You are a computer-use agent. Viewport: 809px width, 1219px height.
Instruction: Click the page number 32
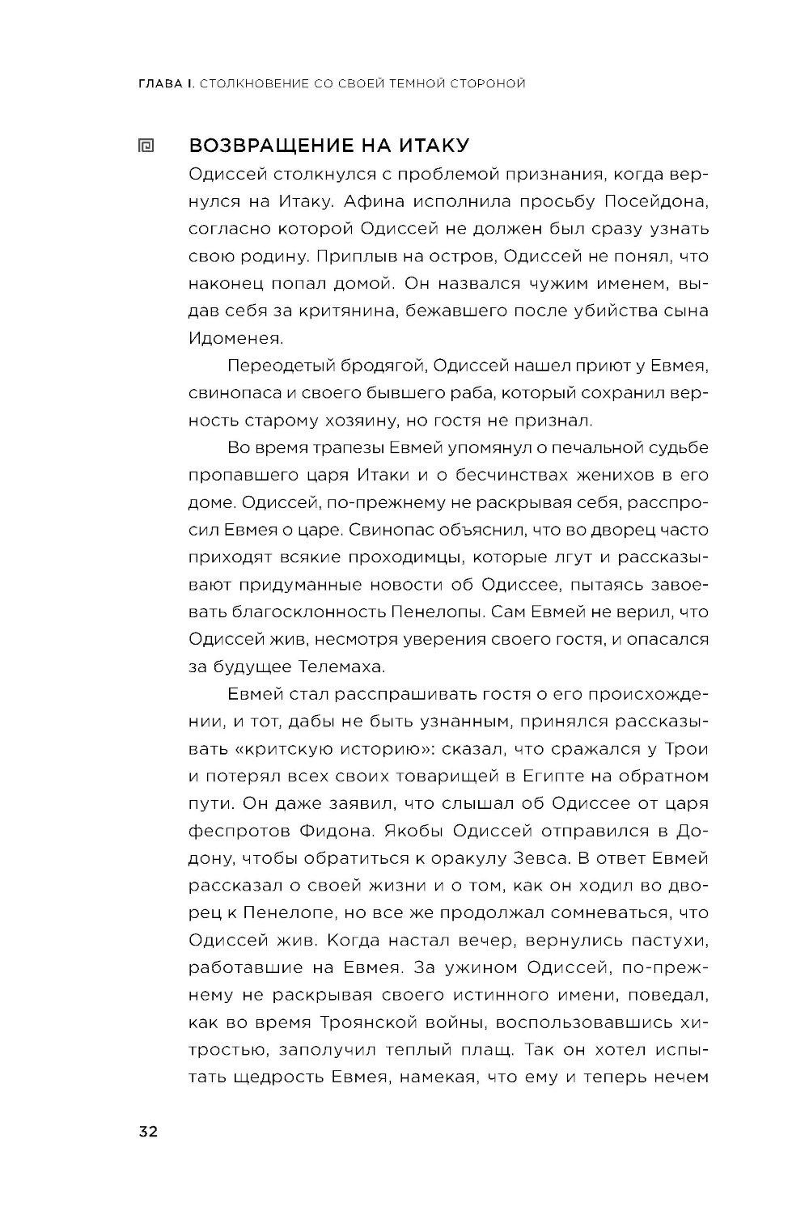pyautogui.click(x=148, y=1131)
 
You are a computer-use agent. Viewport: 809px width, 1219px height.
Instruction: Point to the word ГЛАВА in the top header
pyautogui.click(x=163, y=83)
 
